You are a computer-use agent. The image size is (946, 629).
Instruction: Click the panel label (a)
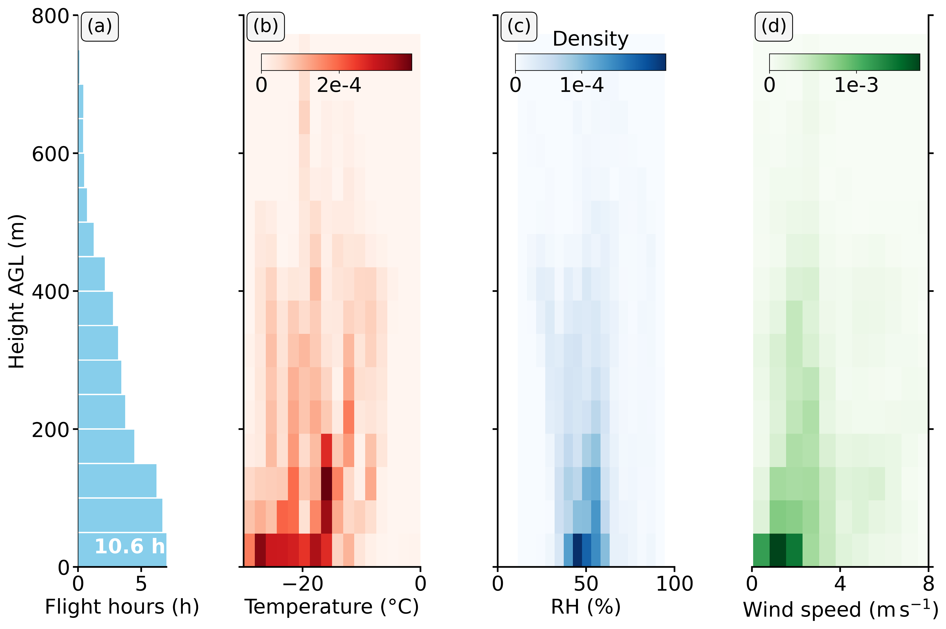tap(100, 27)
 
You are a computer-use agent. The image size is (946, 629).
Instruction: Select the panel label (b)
tap(265, 27)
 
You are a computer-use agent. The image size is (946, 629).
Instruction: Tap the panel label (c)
tap(519, 27)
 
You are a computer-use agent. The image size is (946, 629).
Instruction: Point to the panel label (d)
tap(773, 27)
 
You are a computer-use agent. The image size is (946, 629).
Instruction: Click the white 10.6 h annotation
tap(129, 546)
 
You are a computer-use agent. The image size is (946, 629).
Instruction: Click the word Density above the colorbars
tap(590, 39)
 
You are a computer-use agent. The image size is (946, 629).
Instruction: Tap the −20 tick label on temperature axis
tap(302, 584)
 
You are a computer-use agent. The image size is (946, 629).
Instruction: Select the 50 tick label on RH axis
tap(586, 584)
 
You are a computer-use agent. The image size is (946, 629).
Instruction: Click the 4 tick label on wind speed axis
tap(840, 584)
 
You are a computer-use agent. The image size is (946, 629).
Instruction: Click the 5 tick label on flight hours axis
tap(141, 584)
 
